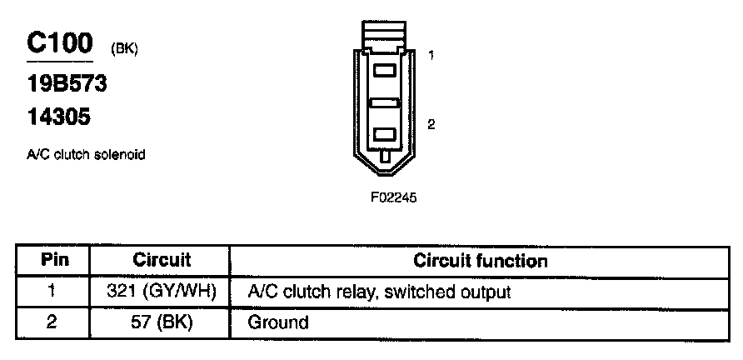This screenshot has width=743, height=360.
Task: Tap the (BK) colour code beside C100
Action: click(123, 50)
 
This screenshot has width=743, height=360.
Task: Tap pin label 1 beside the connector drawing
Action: click(431, 56)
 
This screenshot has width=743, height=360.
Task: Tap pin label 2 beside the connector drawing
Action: click(431, 125)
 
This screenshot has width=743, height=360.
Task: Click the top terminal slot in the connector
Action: click(384, 72)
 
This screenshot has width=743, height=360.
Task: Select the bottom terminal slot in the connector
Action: click(384, 133)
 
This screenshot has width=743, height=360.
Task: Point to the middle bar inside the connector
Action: click(384, 102)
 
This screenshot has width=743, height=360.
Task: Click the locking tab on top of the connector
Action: click(384, 37)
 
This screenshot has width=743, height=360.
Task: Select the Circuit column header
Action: click(162, 260)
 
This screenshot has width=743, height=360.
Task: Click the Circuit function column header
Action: click(481, 260)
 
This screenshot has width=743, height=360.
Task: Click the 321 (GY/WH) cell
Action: click(162, 292)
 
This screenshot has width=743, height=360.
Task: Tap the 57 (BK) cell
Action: click(162, 322)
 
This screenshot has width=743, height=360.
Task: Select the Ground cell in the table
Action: click(278, 322)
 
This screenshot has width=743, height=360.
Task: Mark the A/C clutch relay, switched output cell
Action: click(379, 292)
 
